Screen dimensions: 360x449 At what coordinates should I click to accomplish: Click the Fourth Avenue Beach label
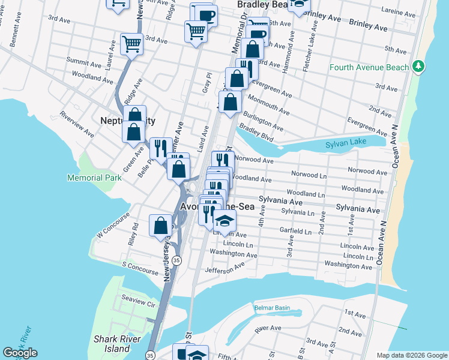[x=369, y=67]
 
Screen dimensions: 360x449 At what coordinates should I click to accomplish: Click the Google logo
[x=20, y=353]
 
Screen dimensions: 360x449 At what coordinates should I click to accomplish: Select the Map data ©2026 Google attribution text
[x=411, y=355]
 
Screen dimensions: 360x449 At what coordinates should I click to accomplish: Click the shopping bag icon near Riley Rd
[x=160, y=226]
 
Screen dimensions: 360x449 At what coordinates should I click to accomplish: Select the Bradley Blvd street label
[x=256, y=131]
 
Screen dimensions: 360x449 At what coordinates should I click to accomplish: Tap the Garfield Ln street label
[x=297, y=231]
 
